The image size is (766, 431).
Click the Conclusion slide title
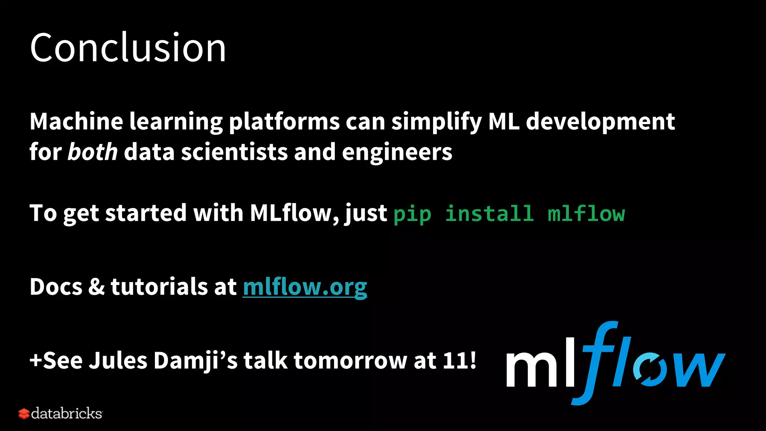(x=128, y=48)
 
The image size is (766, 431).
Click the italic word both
(x=92, y=152)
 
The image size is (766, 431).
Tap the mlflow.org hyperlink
(x=305, y=287)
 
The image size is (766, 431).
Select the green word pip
(x=412, y=214)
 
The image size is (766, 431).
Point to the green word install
(x=489, y=214)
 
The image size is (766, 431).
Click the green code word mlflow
(x=586, y=214)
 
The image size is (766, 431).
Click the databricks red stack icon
(x=24, y=414)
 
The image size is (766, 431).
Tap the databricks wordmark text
(x=67, y=413)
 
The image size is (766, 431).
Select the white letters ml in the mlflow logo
(x=540, y=365)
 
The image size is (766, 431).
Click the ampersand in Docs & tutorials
(x=96, y=287)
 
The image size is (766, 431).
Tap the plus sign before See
(x=36, y=360)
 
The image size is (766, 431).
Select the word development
(x=600, y=122)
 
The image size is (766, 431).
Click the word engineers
(x=397, y=152)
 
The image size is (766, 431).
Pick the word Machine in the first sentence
(x=76, y=122)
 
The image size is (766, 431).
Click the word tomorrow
(x=350, y=360)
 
